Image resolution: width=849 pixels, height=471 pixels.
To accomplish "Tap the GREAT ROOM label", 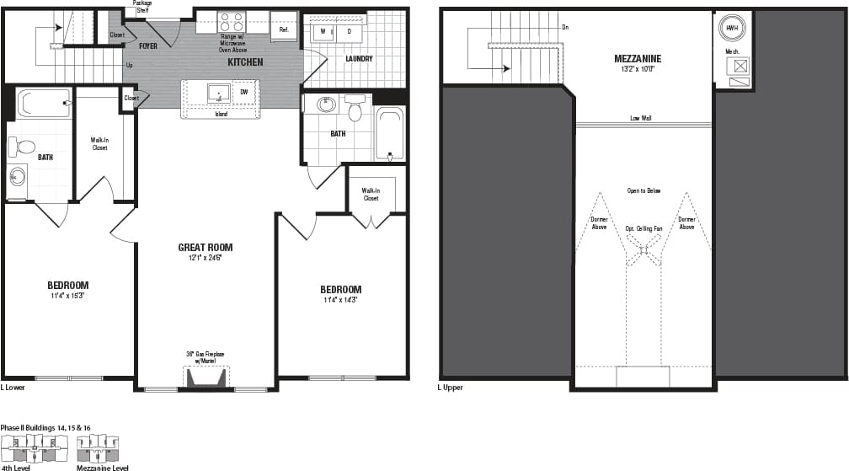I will pyautogui.click(x=205, y=248).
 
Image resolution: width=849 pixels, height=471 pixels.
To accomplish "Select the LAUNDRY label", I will pyautogui.click(x=358, y=59).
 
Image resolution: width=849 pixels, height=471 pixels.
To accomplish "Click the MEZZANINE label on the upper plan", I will pyautogui.click(x=637, y=58).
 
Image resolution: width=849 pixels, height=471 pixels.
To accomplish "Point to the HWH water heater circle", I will pyautogui.click(x=729, y=28).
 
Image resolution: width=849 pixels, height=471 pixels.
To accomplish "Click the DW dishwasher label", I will pyautogui.click(x=243, y=92).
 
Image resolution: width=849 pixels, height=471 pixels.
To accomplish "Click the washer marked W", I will pyautogui.click(x=323, y=31).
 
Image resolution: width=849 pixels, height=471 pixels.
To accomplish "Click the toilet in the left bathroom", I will pyautogui.click(x=20, y=147).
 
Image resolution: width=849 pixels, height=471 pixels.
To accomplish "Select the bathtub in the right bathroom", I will pyautogui.click(x=389, y=133).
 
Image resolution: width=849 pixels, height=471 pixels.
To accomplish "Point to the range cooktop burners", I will pyautogui.click(x=231, y=22).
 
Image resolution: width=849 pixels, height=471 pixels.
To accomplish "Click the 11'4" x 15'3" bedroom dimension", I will pyautogui.click(x=68, y=296).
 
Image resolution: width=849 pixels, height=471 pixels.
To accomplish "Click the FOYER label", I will pyautogui.click(x=148, y=46).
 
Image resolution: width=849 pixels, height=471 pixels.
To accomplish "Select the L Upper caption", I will pyautogui.click(x=450, y=388).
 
